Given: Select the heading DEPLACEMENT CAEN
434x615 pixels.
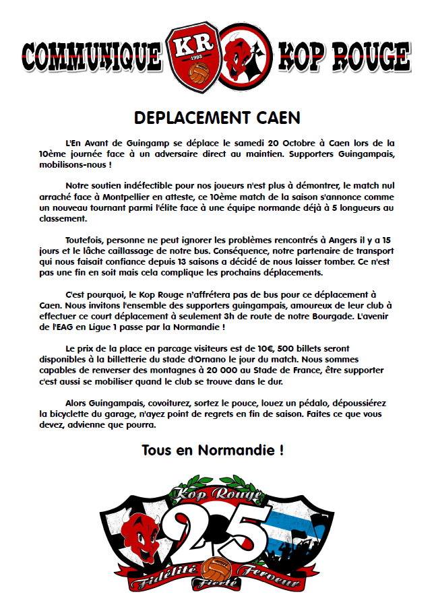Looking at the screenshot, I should pyautogui.click(x=217, y=117).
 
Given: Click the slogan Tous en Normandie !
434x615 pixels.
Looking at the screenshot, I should pyautogui.click(x=212, y=451).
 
